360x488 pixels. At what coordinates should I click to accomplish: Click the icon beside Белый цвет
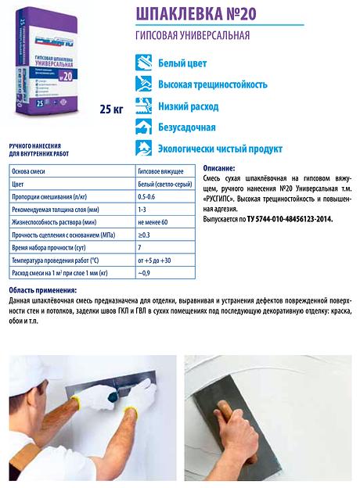pyautogui.click(x=143, y=63)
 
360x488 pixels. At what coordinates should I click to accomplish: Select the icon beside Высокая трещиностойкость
pyautogui.click(x=143, y=84)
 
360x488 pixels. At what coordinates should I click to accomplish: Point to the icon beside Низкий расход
pyautogui.click(x=143, y=106)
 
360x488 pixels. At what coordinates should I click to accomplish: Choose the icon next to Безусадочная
pyautogui.click(x=143, y=127)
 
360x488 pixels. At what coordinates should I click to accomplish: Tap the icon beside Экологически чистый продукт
pyautogui.click(x=143, y=149)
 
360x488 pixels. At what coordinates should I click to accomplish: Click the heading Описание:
pyautogui.click(x=218, y=169)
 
